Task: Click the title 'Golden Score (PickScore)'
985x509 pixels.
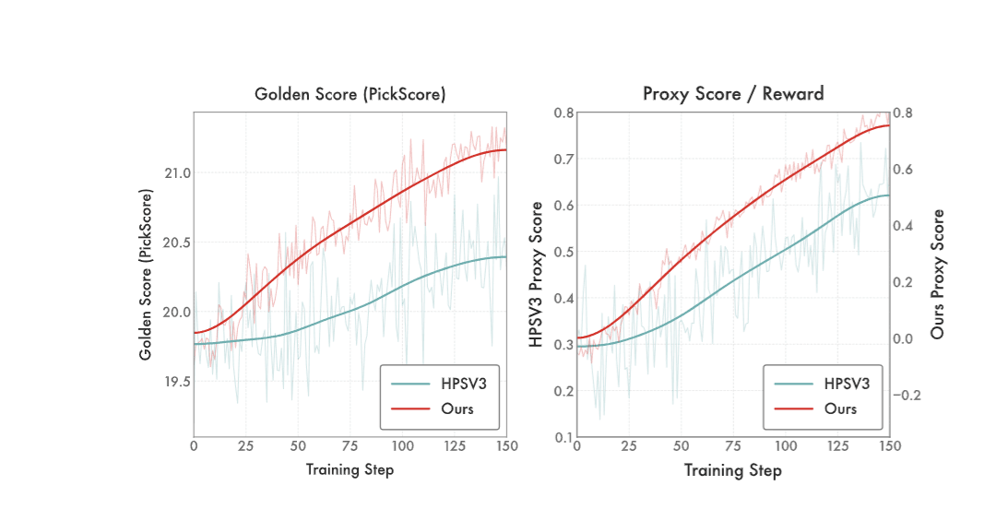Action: (350, 94)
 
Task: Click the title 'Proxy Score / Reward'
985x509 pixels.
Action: (732, 94)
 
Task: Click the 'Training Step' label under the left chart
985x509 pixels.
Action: (350, 470)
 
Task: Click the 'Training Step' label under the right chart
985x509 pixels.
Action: (732, 470)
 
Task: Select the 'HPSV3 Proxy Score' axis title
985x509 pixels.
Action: (535, 274)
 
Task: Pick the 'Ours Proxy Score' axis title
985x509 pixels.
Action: (937, 274)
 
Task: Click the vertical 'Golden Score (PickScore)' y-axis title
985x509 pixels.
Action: (146, 274)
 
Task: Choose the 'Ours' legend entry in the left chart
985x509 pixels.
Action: (457, 408)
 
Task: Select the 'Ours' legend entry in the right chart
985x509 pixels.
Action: (839, 408)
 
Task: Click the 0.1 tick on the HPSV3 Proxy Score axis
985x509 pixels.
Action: (563, 436)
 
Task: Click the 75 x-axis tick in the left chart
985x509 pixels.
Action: (350, 446)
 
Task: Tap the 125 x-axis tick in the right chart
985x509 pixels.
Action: (837, 446)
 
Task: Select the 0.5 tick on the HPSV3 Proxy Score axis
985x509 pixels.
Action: (563, 251)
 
